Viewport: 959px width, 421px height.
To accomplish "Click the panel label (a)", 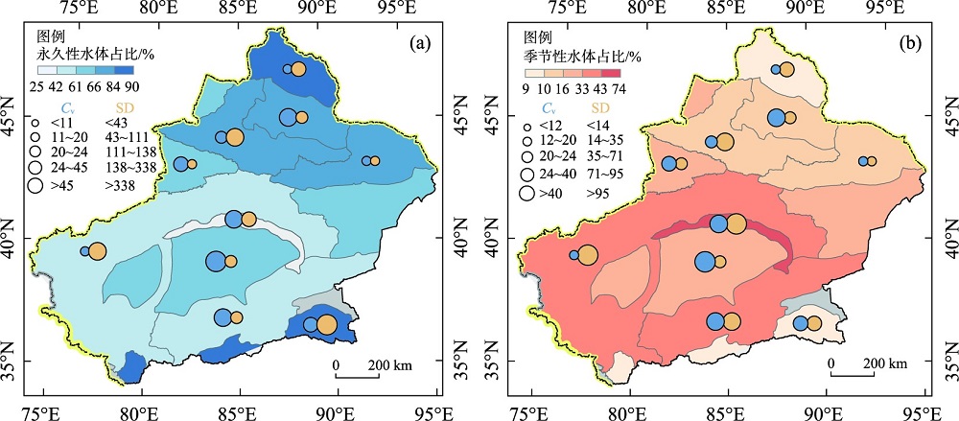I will click(x=418, y=43).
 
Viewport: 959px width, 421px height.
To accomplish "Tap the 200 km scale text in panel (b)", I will click(x=883, y=364).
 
